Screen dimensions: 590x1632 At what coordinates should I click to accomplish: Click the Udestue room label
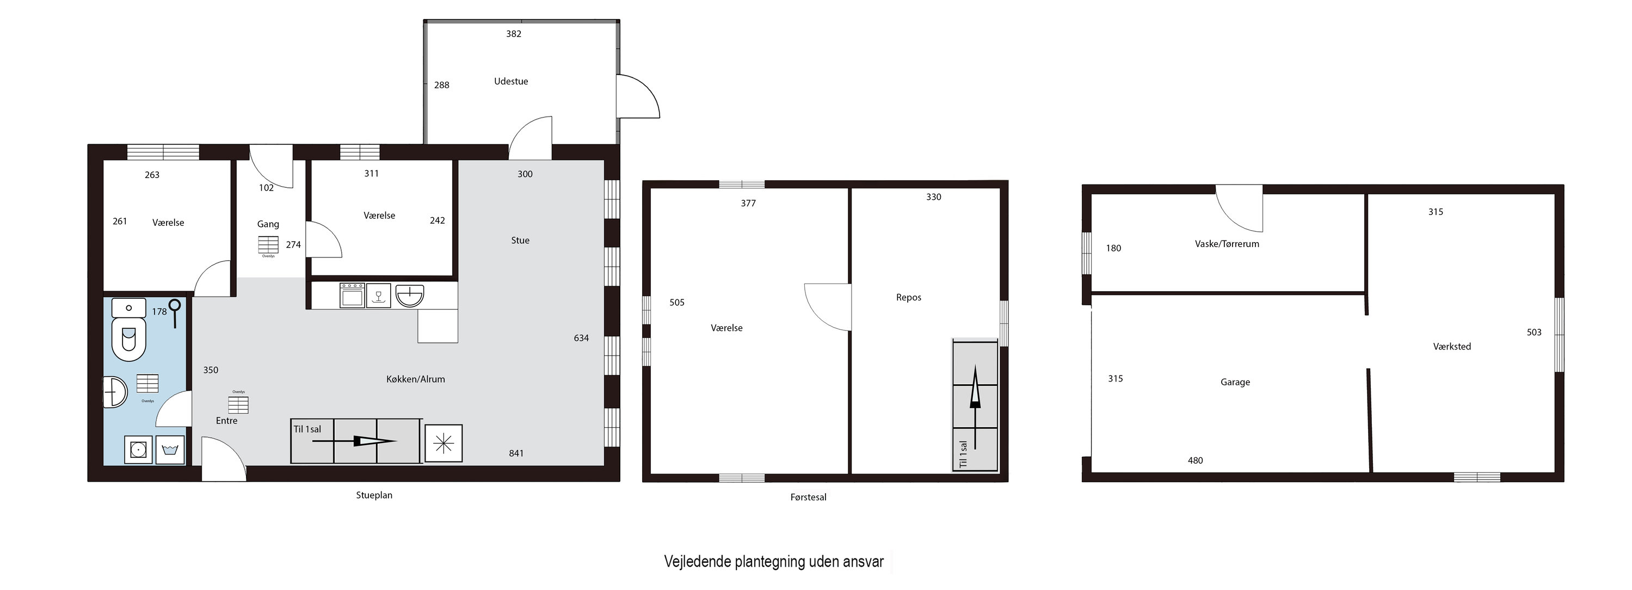click(510, 81)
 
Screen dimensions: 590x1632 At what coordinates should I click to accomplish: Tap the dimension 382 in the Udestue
click(513, 34)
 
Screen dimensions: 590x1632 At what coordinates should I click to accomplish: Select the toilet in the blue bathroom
click(128, 339)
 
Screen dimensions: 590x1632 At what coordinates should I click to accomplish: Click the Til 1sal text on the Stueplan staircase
click(307, 429)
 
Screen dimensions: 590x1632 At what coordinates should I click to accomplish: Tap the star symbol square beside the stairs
click(444, 443)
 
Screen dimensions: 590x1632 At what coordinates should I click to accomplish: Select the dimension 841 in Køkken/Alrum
click(516, 453)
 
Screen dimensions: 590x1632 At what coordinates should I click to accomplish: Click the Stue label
click(520, 240)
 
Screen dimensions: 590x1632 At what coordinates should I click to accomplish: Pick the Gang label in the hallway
click(268, 224)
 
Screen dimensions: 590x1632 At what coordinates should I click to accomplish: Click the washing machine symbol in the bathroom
click(138, 450)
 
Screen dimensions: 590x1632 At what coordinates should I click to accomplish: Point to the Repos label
click(908, 297)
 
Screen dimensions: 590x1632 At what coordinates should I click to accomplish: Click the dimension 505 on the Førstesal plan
click(676, 302)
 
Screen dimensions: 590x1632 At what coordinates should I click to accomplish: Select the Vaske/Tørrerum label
click(1227, 243)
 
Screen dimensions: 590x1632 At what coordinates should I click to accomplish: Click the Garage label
click(1235, 382)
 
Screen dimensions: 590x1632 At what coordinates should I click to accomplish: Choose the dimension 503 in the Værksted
click(1534, 332)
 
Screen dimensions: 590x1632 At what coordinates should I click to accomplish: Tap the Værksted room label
click(1452, 346)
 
